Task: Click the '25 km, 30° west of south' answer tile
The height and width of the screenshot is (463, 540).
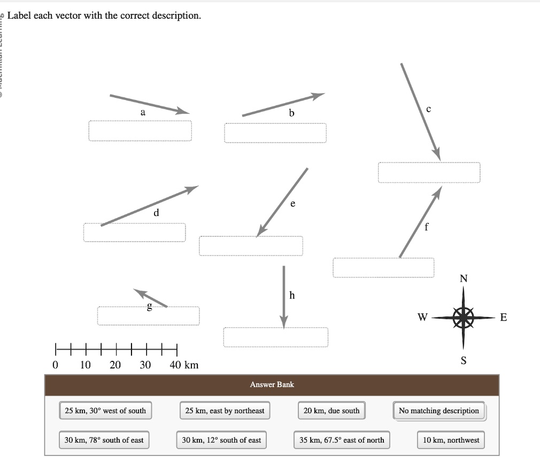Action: click(105, 411)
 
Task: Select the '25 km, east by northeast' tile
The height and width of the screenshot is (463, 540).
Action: click(225, 411)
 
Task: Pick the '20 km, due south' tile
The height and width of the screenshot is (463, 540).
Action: click(331, 411)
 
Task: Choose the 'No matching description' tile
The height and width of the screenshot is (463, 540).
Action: click(438, 411)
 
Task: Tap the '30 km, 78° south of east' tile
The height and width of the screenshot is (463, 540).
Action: click(104, 440)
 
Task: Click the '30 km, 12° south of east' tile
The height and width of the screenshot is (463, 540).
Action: click(221, 440)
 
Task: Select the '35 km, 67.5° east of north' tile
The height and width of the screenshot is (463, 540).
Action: click(342, 440)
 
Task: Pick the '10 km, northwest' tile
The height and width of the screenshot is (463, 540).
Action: click(451, 440)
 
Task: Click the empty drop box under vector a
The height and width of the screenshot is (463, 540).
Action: click(140, 130)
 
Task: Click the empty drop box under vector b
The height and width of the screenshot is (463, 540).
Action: click(275, 133)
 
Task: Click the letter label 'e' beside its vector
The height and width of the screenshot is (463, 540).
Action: click(292, 204)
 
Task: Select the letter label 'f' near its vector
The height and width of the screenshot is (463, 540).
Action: click(426, 226)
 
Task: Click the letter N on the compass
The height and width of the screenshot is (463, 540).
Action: click(463, 278)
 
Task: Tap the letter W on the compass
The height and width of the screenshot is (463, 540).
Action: click(422, 318)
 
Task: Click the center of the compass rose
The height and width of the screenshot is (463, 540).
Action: click(463, 318)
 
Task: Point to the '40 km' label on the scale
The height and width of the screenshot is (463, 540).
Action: click(184, 365)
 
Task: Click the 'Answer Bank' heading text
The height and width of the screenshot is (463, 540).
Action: click(272, 384)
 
